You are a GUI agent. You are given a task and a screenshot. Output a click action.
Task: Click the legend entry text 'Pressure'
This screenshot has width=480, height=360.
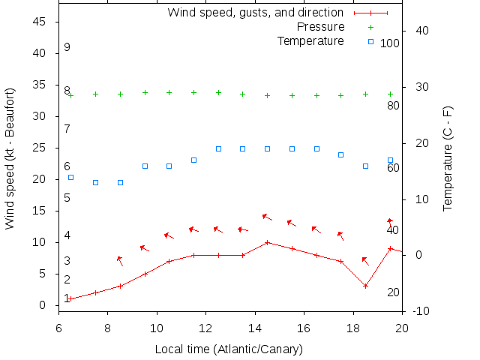317,27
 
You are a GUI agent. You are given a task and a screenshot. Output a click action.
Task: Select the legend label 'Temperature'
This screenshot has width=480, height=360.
310,40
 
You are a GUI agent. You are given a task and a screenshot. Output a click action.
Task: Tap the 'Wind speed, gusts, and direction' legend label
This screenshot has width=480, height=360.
256,13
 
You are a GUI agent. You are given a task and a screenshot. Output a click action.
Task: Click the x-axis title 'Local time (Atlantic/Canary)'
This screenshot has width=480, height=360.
229,349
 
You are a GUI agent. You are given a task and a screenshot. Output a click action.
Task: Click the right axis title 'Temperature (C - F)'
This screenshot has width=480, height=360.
448,158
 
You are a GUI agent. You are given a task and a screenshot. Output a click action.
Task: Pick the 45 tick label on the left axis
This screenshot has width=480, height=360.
40,22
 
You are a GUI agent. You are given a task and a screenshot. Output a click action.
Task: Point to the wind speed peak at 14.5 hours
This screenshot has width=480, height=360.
267,242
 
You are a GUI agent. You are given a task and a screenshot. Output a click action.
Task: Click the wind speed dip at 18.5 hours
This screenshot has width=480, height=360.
365,286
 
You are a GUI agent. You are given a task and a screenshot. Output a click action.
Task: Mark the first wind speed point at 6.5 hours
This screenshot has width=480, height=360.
70,298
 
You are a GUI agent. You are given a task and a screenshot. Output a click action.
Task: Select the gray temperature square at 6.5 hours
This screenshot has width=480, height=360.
70,177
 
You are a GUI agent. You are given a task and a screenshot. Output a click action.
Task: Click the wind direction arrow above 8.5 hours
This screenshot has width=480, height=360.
119,260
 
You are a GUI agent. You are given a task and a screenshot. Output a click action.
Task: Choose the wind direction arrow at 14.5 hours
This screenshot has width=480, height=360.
267,217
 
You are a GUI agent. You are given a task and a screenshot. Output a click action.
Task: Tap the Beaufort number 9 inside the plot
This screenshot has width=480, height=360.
67,47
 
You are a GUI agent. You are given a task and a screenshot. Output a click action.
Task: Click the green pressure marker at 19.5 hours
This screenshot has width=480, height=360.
390,94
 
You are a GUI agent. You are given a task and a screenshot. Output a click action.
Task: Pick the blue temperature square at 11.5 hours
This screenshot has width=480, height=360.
193,160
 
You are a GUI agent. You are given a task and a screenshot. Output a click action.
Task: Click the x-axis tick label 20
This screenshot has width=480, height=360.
402,328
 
